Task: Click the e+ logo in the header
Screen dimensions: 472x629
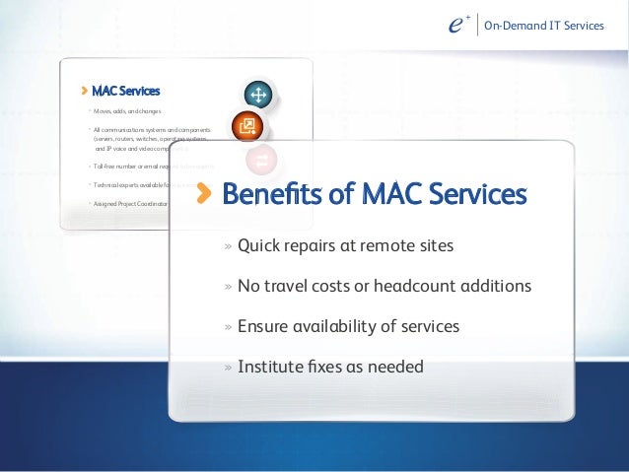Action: [x=455, y=26]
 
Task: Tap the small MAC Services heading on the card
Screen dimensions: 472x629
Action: [x=125, y=92]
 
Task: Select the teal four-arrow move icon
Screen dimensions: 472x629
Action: [x=258, y=95]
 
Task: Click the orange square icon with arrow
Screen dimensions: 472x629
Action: [x=248, y=126]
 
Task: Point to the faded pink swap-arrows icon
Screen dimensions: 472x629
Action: [x=263, y=159]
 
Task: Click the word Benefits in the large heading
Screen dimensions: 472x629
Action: [x=271, y=194]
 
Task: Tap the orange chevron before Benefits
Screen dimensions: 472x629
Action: [x=204, y=194]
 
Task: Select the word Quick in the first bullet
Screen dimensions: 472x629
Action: [x=259, y=245]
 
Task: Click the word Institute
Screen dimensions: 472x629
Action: [x=269, y=368]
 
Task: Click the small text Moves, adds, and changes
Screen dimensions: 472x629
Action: [x=127, y=112]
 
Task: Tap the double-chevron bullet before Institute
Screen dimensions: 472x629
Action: [x=228, y=369]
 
